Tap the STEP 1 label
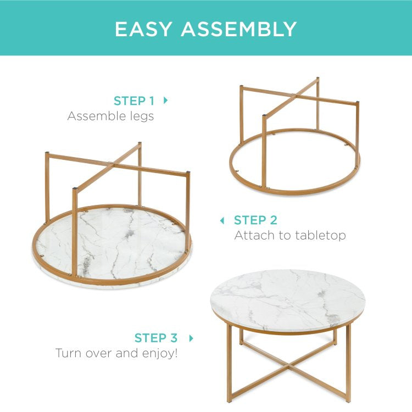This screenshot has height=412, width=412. [133, 101]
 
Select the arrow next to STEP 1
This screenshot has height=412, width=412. [166, 101]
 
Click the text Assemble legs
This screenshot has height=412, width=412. [110, 116]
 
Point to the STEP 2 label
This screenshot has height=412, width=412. [255, 220]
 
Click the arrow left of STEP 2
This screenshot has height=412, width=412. [222, 220]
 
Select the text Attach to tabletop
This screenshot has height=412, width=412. [290, 235]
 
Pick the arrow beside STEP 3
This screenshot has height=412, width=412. [191, 338]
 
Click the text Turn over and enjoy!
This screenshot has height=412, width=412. [116, 353]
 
